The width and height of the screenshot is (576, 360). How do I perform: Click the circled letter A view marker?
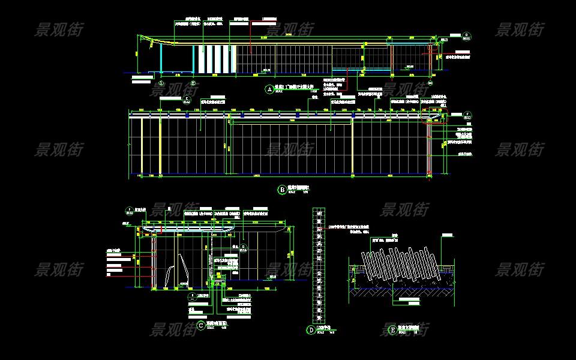[x=269, y=89]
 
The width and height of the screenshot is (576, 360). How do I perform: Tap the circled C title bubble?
[x=200, y=326]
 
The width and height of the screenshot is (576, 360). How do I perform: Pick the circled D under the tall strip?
[x=311, y=329]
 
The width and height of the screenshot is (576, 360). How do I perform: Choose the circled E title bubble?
[x=393, y=329]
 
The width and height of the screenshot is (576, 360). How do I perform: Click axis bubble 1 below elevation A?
[x=160, y=83]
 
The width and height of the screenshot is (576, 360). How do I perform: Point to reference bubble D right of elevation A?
[x=466, y=35]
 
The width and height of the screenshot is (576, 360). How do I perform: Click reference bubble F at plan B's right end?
[x=467, y=113]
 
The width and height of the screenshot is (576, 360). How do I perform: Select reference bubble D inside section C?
[x=244, y=246]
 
